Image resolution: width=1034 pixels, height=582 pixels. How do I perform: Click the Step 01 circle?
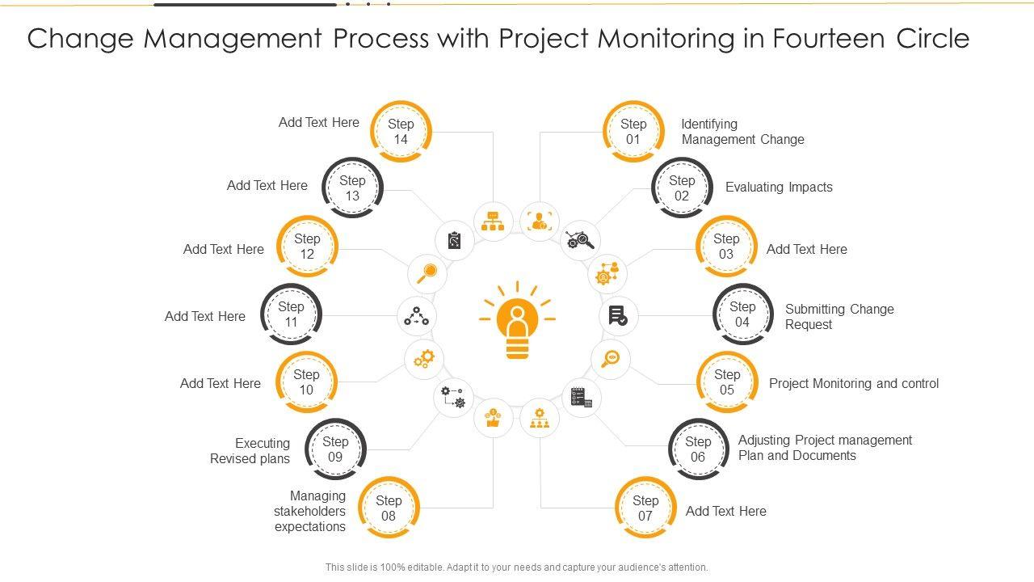click(633, 132)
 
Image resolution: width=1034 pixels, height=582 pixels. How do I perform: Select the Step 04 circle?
click(742, 314)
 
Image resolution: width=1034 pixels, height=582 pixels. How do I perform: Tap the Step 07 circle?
click(645, 508)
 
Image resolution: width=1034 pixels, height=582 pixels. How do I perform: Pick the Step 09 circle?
click(335, 449)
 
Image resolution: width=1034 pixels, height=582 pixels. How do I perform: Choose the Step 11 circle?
click(291, 314)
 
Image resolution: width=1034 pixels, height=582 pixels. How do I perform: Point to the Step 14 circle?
click(401, 132)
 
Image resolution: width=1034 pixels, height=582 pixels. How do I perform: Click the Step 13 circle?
click(352, 188)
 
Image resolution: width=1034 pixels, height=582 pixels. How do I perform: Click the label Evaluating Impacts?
click(779, 188)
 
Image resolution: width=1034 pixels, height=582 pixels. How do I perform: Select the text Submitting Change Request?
click(839, 317)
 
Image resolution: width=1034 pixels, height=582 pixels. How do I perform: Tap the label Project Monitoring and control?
click(854, 383)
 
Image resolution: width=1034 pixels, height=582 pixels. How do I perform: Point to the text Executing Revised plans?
click(250, 451)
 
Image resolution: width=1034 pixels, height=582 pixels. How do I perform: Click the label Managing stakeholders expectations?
click(310, 511)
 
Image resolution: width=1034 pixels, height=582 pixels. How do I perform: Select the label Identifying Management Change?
click(742, 132)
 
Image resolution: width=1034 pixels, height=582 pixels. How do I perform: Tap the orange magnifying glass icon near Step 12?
click(427, 273)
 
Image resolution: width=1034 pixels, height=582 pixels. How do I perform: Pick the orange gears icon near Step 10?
click(424, 358)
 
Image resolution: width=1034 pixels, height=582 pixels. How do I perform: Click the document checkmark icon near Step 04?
click(618, 316)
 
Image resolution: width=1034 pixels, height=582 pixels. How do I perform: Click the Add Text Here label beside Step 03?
click(806, 249)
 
